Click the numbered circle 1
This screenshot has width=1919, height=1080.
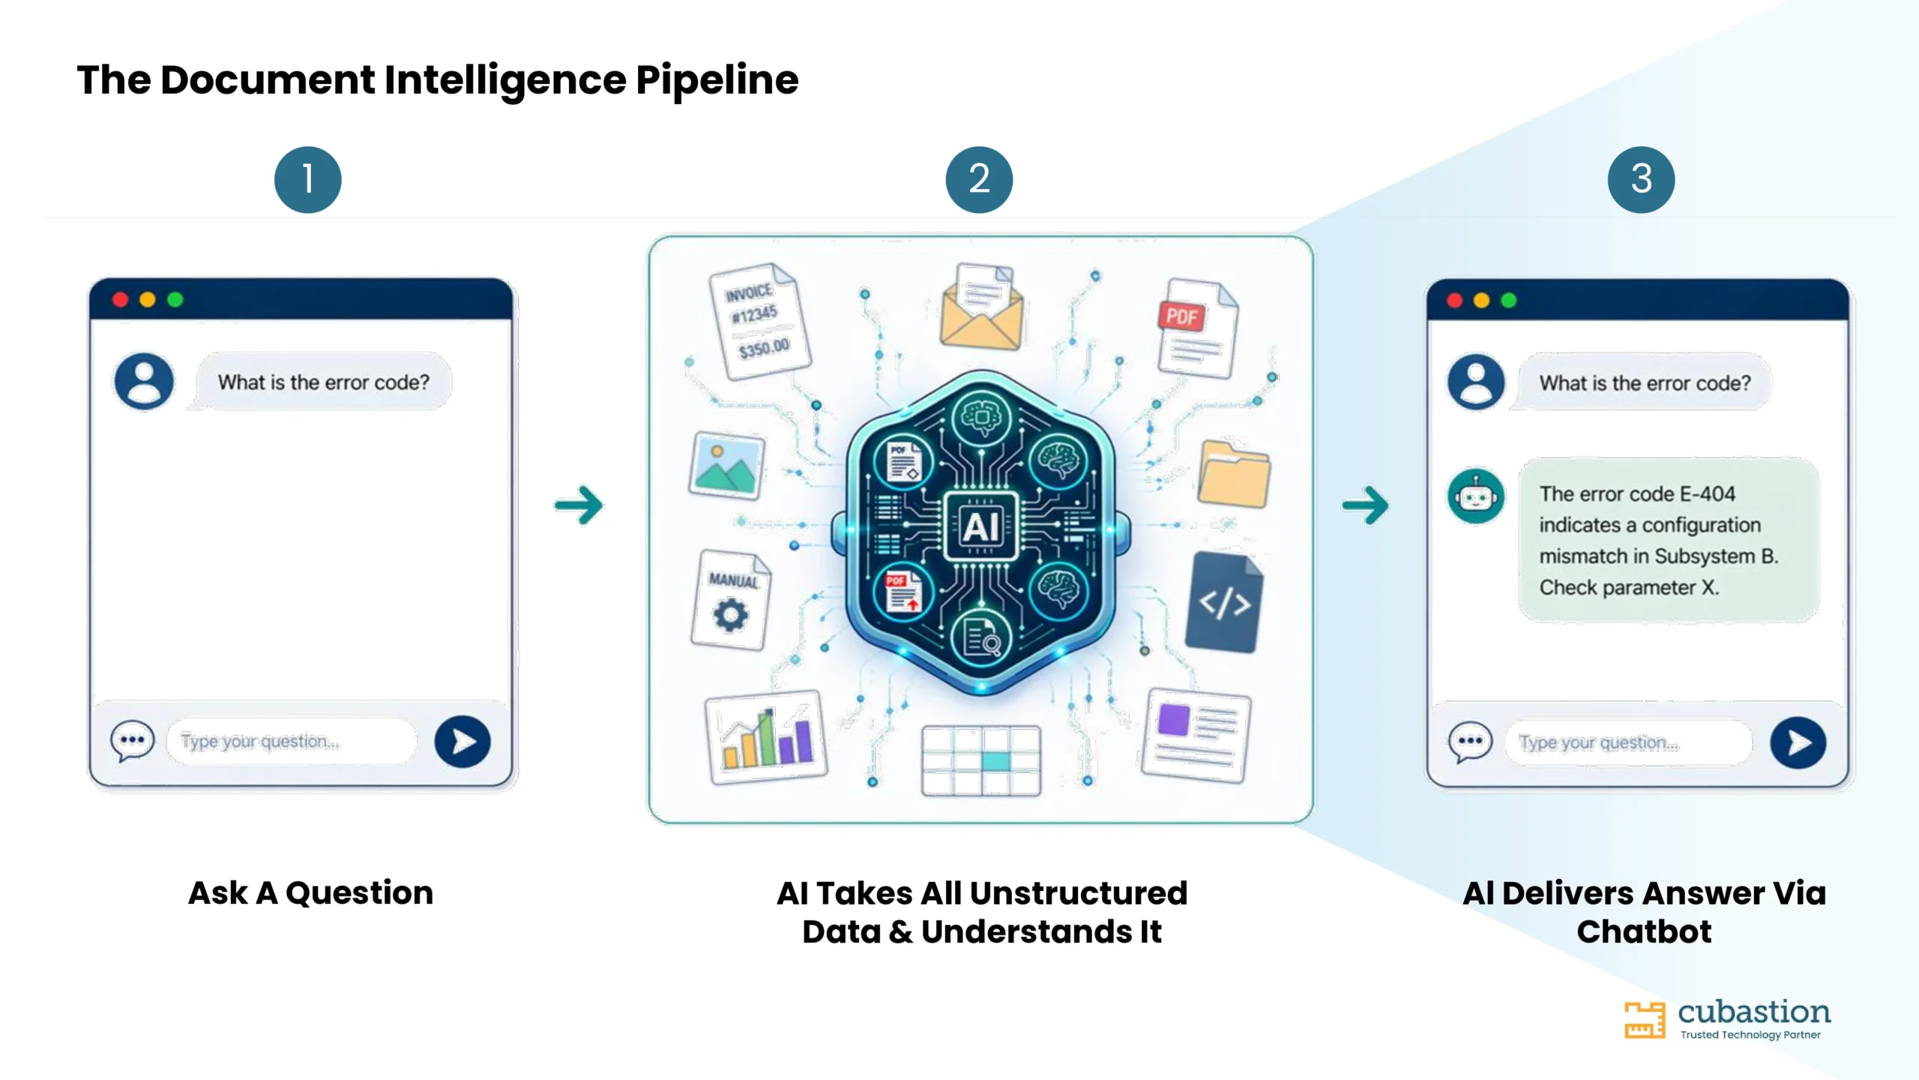tap(307, 179)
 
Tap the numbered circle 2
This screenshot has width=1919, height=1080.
tap(979, 179)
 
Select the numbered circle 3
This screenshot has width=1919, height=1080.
tap(1641, 179)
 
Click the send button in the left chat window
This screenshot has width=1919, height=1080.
tap(463, 742)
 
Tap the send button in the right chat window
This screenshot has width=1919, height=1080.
tap(1798, 742)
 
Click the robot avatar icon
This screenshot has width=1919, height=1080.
tap(1475, 496)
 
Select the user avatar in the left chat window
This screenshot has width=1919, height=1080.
tap(144, 381)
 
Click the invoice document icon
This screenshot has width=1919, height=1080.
tap(759, 322)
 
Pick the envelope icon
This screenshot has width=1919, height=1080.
tap(981, 307)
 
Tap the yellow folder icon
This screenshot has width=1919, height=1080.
tap(1233, 475)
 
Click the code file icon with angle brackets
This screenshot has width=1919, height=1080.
tap(1224, 602)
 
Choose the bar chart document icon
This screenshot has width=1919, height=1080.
tap(766, 737)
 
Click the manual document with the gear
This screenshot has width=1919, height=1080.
tap(731, 600)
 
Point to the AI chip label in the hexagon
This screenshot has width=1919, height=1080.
tap(980, 526)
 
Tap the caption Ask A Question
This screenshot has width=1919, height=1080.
tap(311, 892)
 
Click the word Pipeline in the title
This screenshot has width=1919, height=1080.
tap(717, 81)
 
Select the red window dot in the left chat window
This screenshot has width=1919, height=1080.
tap(120, 300)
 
